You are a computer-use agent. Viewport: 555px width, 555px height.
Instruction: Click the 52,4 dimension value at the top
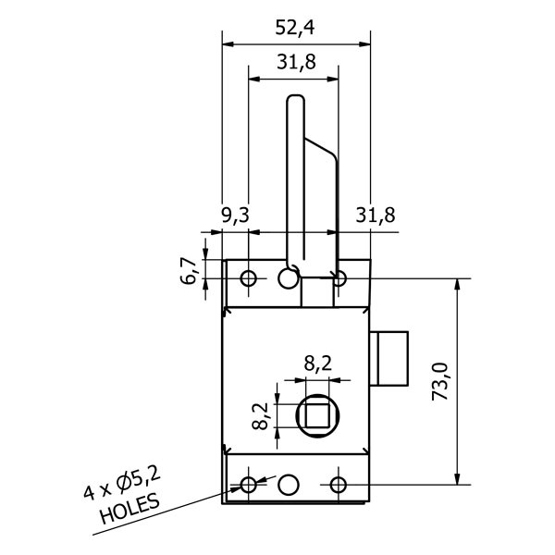[x=295, y=28]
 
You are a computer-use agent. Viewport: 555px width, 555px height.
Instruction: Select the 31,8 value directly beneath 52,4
[x=295, y=63]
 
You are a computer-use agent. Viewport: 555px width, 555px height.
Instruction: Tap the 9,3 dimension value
[x=236, y=216]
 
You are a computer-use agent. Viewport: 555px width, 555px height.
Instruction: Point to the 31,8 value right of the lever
[x=376, y=216]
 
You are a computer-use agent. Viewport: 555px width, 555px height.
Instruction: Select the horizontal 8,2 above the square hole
[x=317, y=363]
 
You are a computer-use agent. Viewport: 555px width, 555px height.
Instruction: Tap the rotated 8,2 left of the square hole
[x=262, y=415]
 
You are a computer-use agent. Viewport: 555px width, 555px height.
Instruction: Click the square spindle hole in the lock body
[x=317, y=415]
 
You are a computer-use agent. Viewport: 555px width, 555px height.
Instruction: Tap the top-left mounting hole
[x=248, y=278]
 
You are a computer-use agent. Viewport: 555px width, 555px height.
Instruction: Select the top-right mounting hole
[x=339, y=278]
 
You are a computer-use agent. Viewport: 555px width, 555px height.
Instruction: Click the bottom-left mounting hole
[x=248, y=484]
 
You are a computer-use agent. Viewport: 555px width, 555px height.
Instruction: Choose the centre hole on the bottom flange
[x=289, y=484]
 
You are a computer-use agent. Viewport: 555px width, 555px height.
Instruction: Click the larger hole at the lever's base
[x=288, y=277]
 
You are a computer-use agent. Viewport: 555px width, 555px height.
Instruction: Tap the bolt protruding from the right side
[x=391, y=358]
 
